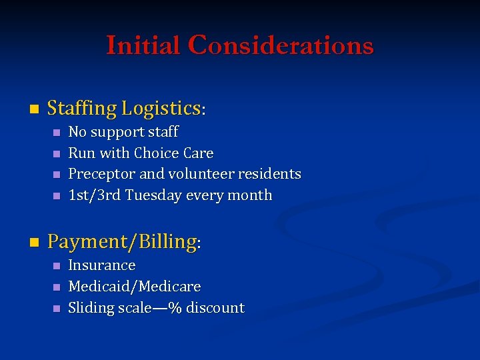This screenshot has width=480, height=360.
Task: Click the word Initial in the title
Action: click(x=144, y=45)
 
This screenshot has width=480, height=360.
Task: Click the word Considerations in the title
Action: click(x=281, y=45)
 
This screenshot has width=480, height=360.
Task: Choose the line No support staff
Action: click(x=123, y=132)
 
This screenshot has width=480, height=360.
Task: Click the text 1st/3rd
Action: click(x=94, y=195)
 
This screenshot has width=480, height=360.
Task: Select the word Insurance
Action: click(x=102, y=265)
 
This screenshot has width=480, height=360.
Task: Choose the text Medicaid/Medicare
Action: click(x=135, y=287)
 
